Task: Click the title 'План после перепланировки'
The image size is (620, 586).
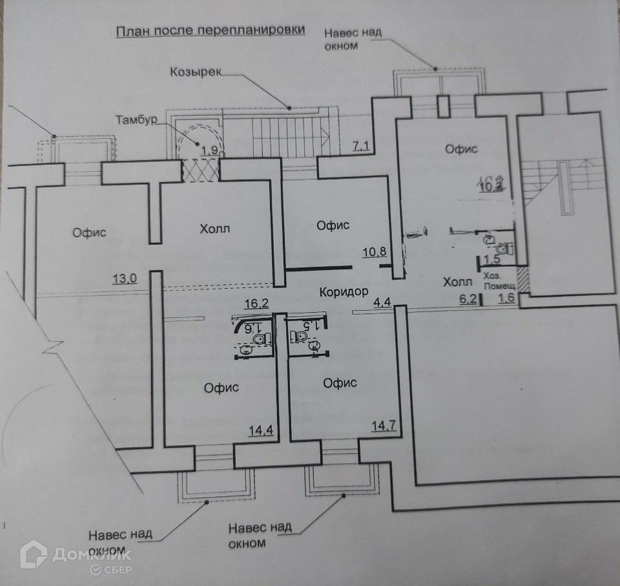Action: pyautogui.click(x=210, y=32)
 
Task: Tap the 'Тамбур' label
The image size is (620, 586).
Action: pyautogui.click(x=137, y=120)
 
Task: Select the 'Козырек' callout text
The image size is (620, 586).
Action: pyautogui.click(x=196, y=72)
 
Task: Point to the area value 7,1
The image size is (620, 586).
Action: pyautogui.click(x=360, y=147)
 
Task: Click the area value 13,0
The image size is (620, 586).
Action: pyautogui.click(x=124, y=279)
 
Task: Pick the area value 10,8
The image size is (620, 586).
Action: pyautogui.click(x=374, y=253)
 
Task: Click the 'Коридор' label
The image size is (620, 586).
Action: pyautogui.click(x=344, y=292)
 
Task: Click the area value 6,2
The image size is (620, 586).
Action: pyautogui.click(x=467, y=298)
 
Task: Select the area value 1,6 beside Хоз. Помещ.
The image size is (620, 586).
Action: pyautogui.click(x=506, y=299)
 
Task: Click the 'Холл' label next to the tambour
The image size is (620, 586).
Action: pyautogui.click(x=215, y=229)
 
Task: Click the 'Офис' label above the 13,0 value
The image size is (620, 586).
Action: pyautogui.click(x=89, y=233)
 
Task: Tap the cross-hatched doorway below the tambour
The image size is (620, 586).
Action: pyautogui.click(x=201, y=171)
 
